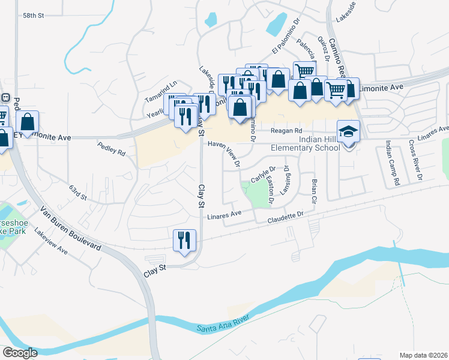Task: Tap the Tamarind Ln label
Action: pos(161,91)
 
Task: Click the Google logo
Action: pos(20,353)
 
